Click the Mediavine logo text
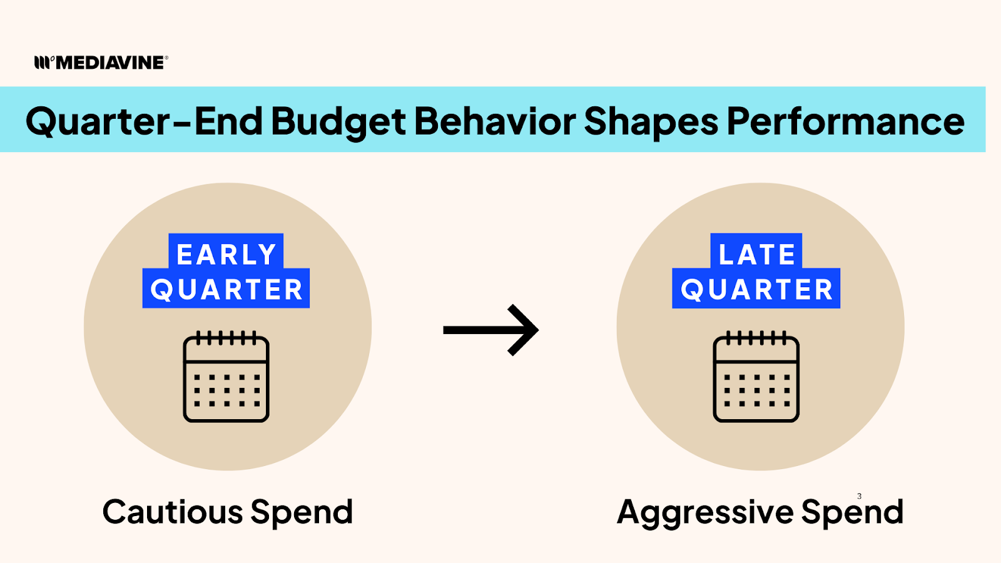tap(110, 63)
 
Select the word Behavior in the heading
tap(495, 121)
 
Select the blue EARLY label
tap(226, 254)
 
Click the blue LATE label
tap(756, 254)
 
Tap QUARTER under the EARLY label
tap(226, 288)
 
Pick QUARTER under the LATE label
tap(756, 288)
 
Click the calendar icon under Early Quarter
tap(226, 377)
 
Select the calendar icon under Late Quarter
tap(756, 377)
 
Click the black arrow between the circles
tap(490, 330)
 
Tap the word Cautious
tap(173, 512)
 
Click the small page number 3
tap(859, 496)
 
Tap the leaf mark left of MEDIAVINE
tap(44, 63)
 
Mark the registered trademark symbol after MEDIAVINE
tap(166, 58)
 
